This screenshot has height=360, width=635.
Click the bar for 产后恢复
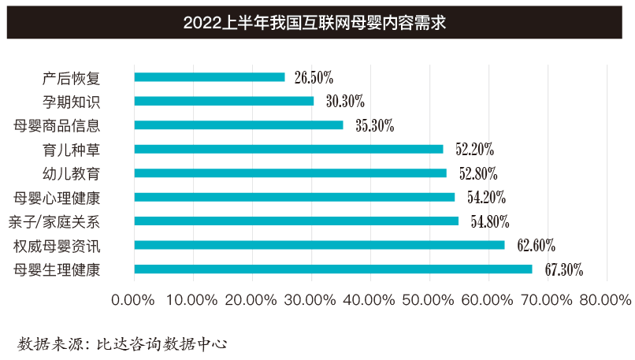[x=210, y=77]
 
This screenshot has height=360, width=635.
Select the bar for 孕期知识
[x=224, y=101]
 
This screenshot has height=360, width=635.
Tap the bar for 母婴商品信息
[x=239, y=125]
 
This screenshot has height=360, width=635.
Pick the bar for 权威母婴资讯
[x=319, y=245]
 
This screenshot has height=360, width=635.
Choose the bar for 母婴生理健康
[x=333, y=269]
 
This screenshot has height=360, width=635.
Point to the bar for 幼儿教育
[x=290, y=173]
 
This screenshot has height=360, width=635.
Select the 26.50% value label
[x=314, y=77]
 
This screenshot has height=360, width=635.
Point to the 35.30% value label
[x=374, y=125]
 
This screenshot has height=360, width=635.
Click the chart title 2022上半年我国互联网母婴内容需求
[x=315, y=22]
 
